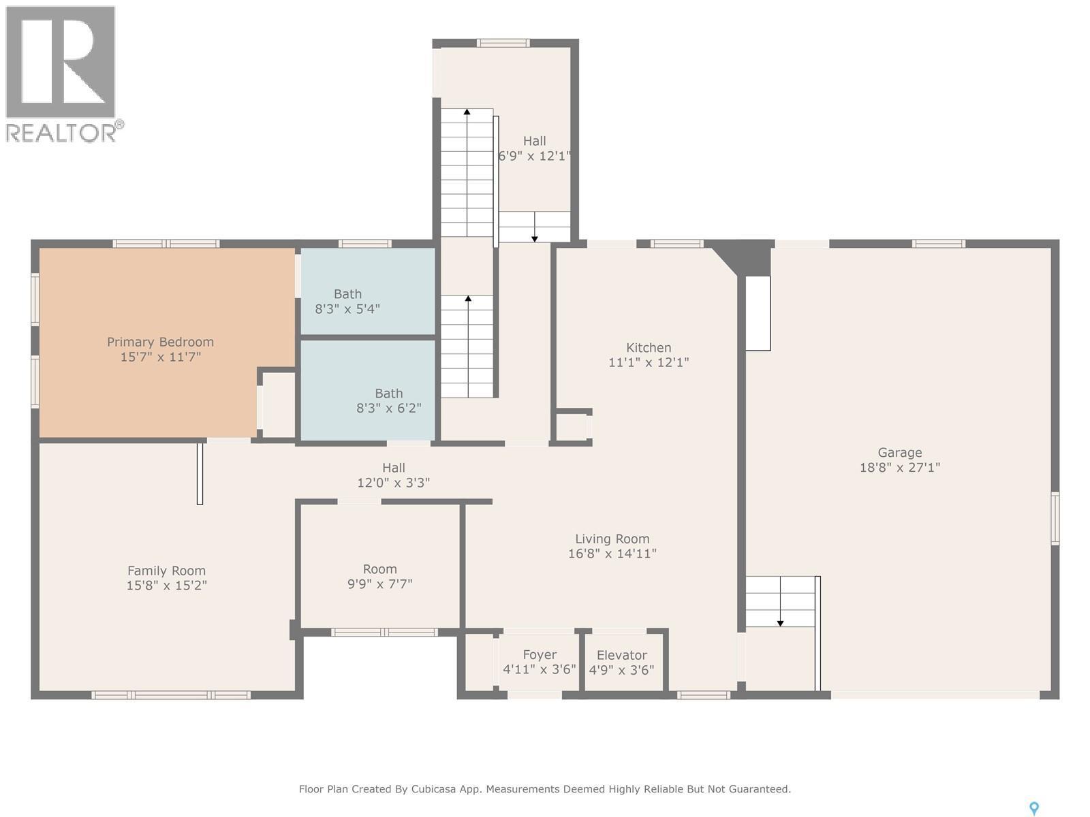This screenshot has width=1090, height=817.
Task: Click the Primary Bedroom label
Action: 160,342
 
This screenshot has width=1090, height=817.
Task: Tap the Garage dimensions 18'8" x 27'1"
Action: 899,468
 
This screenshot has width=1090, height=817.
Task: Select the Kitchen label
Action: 649,348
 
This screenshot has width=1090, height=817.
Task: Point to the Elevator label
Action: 621,655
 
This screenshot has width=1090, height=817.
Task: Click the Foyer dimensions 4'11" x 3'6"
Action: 539,669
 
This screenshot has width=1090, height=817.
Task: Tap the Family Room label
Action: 166,571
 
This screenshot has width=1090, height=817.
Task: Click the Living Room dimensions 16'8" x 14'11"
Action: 612,554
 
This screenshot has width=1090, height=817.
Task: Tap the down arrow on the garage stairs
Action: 780,621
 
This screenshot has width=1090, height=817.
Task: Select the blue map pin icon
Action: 1033,807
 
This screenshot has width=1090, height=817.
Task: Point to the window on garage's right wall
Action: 1055,518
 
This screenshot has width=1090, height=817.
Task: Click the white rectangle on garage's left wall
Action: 758,313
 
